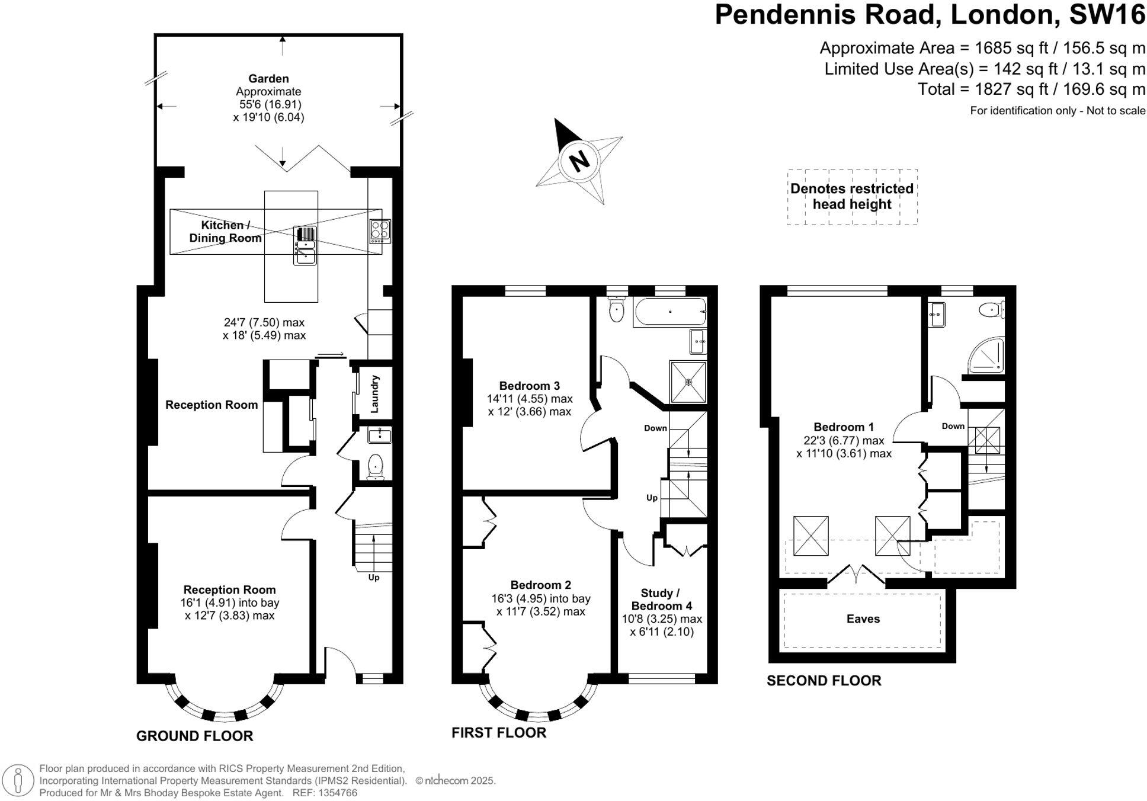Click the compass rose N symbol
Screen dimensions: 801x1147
[x=579, y=160]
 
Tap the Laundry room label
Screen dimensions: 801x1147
[x=374, y=395]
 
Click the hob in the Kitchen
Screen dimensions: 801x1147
[x=380, y=232]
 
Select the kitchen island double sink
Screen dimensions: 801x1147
[x=305, y=245]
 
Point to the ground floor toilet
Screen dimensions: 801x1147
[x=376, y=466]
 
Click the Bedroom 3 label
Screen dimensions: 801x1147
[x=529, y=386]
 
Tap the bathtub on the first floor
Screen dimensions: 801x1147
[x=669, y=312]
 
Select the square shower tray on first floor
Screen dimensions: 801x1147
[x=688, y=382]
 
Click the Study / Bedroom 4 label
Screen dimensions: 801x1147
[x=661, y=599]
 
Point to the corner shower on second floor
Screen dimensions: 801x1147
[x=988, y=356]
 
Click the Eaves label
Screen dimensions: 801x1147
[x=863, y=619]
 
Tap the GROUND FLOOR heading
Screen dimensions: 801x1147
[x=194, y=736]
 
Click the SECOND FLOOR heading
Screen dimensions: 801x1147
[x=824, y=681]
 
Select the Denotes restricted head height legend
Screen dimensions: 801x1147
[x=852, y=197]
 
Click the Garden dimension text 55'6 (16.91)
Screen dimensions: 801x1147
[x=268, y=104]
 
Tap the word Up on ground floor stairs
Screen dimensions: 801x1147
[x=374, y=577]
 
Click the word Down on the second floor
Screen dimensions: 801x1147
[x=953, y=426]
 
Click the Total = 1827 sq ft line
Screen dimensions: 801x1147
[x=1031, y=89]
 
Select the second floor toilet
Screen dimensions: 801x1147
[x=989, y=309]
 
